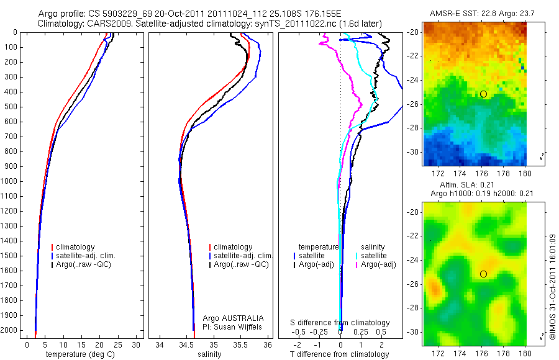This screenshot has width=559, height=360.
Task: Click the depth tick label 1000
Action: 10,181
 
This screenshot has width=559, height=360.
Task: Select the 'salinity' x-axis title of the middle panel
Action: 209,354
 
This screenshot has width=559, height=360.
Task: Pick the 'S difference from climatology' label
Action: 340,323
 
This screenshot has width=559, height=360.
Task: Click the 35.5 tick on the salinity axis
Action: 242,344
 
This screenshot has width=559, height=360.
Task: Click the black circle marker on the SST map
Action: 483,94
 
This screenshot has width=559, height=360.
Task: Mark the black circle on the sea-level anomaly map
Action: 483,274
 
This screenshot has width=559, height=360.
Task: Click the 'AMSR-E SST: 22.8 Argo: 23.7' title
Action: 475,14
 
